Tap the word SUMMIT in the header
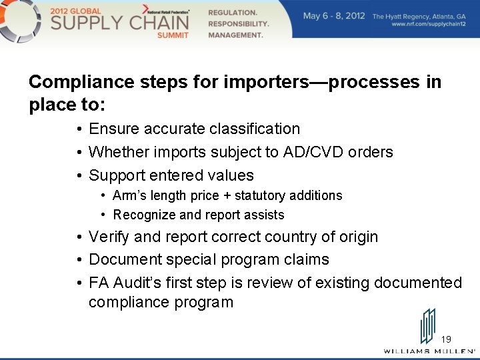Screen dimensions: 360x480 tap(173, 35)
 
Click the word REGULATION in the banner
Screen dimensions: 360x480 tap(232, 13)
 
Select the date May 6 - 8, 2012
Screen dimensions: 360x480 tap(334, 15)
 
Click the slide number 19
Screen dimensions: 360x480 tap(446, 339)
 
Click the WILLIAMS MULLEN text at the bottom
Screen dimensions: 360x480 tap(429, 351)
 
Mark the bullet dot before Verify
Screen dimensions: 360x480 tap(79, 237)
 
